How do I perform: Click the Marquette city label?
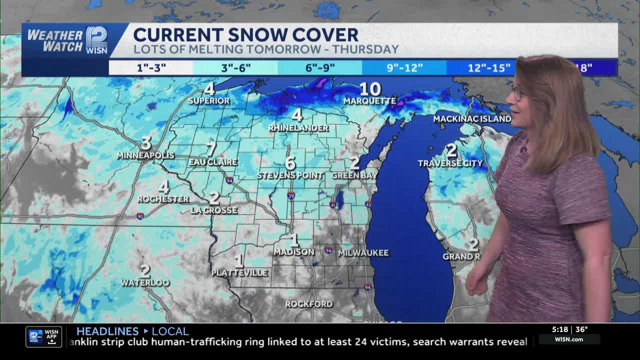coord(369,100)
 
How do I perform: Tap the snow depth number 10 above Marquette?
coord(370,89)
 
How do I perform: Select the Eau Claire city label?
coord(213,162)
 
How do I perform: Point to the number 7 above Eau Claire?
coord(211,149)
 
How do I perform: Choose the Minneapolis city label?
coord(145,155)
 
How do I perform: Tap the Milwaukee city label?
coord(363,253)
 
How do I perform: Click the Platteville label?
coord(239,272)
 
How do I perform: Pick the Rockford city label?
coord(308,304)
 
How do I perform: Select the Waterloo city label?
coord(145,283)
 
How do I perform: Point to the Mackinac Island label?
coord(472,119)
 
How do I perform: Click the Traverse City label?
coord(450,163)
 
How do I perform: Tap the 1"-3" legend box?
coord(150,67)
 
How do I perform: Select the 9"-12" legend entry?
coord(404,67)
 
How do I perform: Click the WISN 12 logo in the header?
coord(96,40)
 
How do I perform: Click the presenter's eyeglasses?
coord(517,93)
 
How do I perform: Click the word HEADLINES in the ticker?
coord(107,331)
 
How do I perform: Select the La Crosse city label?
coord(214,210)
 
